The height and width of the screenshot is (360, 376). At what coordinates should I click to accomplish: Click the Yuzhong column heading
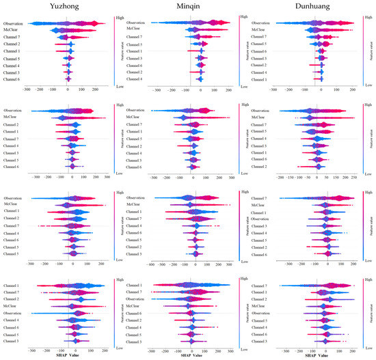tap(68, 7)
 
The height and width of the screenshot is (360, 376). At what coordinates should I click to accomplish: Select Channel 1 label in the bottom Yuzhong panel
tap(12, 286)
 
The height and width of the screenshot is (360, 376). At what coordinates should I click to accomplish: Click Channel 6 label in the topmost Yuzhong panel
tap(12, 80)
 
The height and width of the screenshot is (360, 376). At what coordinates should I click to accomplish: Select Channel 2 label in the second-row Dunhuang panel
tap(260, 167)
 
